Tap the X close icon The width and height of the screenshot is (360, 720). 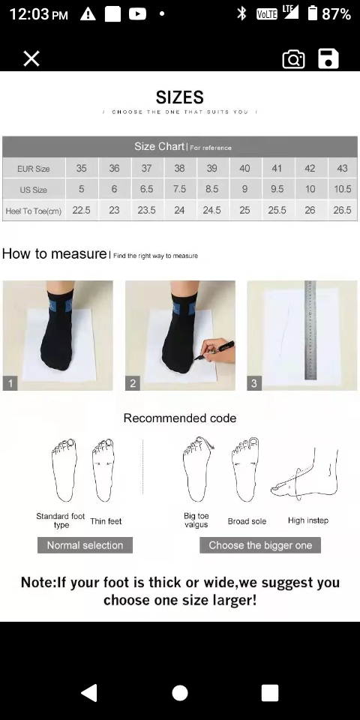point(31,58)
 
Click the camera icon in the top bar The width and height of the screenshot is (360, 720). point(293,59)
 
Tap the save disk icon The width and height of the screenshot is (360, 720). point(328,58)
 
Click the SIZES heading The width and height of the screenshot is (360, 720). point(179,97)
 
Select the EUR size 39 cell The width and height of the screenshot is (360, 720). point(211,169)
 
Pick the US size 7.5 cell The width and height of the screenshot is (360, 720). point(179,189)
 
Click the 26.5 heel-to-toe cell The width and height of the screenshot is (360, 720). point(343,210)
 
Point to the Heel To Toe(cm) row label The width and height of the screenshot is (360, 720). point(34,211)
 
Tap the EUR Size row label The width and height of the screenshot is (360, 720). point(34,169)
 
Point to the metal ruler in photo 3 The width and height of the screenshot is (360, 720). point(310,330)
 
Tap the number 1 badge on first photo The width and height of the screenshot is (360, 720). point(10,383)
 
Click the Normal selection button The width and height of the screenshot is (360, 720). point(85,545)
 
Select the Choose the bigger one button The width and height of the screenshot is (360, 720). point(260,545)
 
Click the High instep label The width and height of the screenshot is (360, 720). point(308,520)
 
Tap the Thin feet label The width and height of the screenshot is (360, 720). point(106,520)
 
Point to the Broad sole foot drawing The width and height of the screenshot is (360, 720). point(246,469)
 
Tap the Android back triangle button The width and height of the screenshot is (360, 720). point(89,693)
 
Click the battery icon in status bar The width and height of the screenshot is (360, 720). point(313,13)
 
